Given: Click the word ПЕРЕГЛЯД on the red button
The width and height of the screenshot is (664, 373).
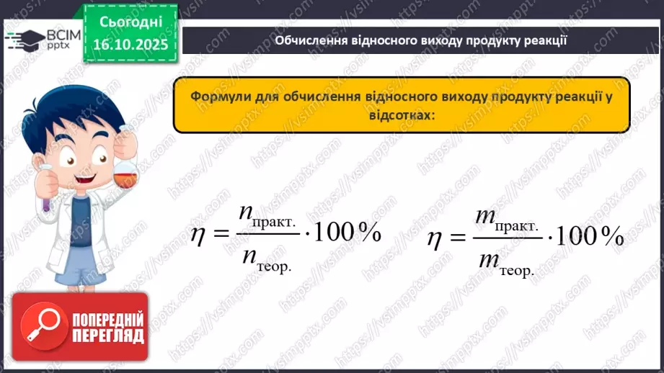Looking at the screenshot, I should coord(108,336).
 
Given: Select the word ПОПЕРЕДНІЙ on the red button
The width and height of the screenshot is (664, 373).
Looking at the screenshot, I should coord(108,319).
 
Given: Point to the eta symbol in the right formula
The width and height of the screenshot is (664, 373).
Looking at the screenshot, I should coord(434,238).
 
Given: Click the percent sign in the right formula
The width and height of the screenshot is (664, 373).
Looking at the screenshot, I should coord(613,237).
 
